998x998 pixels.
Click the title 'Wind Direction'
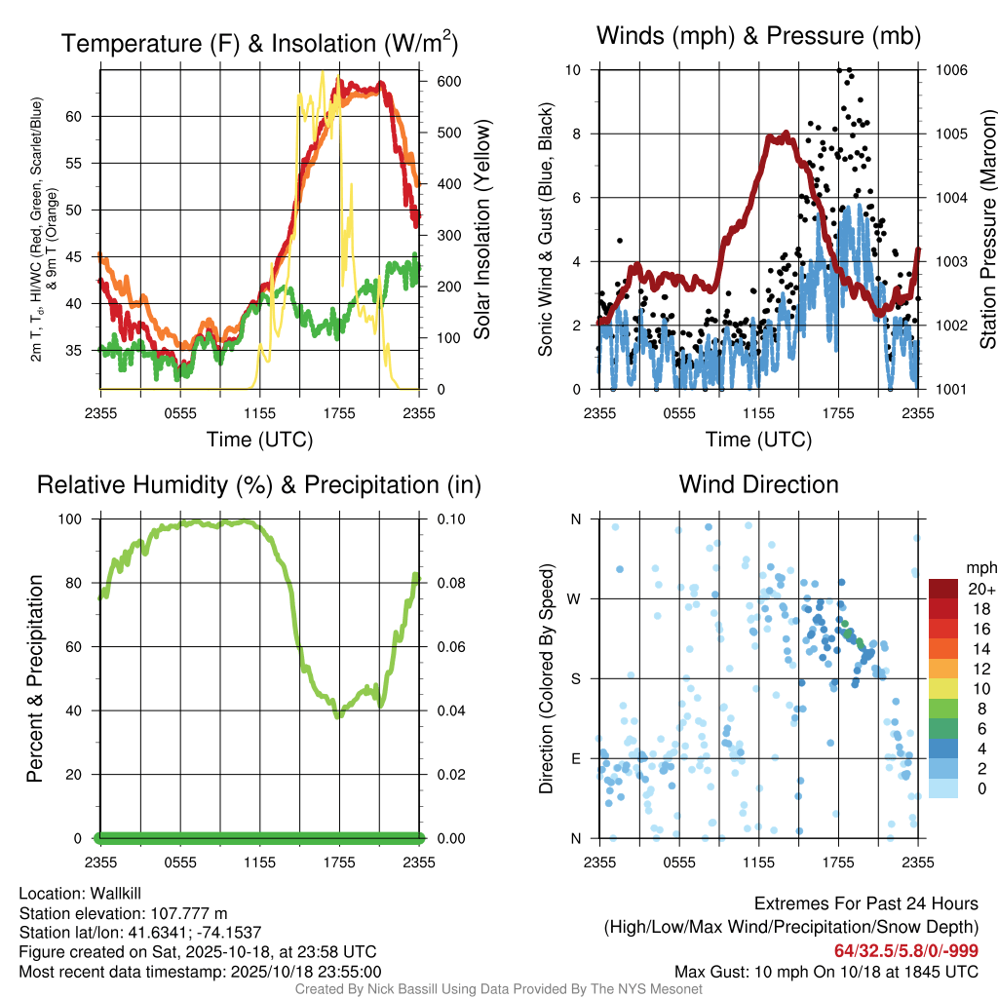(758, 484)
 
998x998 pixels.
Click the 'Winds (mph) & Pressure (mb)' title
(758, 37)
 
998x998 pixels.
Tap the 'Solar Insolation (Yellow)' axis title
(481, 230)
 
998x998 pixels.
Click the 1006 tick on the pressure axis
(950, 70)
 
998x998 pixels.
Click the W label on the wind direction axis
(575, 598)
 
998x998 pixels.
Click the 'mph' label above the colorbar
(978, 567)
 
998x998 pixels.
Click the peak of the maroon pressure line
(782, 136)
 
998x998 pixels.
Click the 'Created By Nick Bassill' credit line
(498, 989)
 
